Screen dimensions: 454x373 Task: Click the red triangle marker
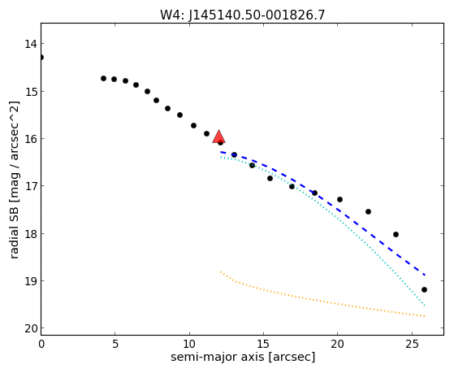tap(218, 137)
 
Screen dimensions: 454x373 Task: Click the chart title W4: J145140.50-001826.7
tap(243, 15)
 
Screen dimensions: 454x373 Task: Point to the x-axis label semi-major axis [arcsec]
tap(243, 357)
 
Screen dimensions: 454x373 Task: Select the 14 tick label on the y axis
tap(30, 44)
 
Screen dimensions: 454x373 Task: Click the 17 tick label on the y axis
tap(30, 186)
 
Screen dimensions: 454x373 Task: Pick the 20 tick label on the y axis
tap(30, 328)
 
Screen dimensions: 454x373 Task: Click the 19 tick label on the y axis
tap(30, 281)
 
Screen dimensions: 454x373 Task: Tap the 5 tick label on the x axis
tap(115, 344)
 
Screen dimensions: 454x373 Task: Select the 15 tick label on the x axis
tap(263, 344)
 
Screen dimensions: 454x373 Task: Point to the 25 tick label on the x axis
tap(412, 344)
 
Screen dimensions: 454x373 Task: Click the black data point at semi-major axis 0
tap(41, 57)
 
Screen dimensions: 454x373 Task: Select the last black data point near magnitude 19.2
tap(424, 289)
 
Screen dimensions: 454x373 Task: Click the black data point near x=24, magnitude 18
tap(396, 235)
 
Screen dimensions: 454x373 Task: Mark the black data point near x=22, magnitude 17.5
tap(368, 211)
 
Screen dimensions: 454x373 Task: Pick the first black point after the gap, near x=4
tap(103, 78)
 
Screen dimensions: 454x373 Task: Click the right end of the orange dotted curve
tap(425, 316)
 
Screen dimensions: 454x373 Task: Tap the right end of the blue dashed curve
tap(425, 275)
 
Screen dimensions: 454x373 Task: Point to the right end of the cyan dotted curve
tap(425, 306)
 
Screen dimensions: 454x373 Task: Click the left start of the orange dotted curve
tap(221, 272)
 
